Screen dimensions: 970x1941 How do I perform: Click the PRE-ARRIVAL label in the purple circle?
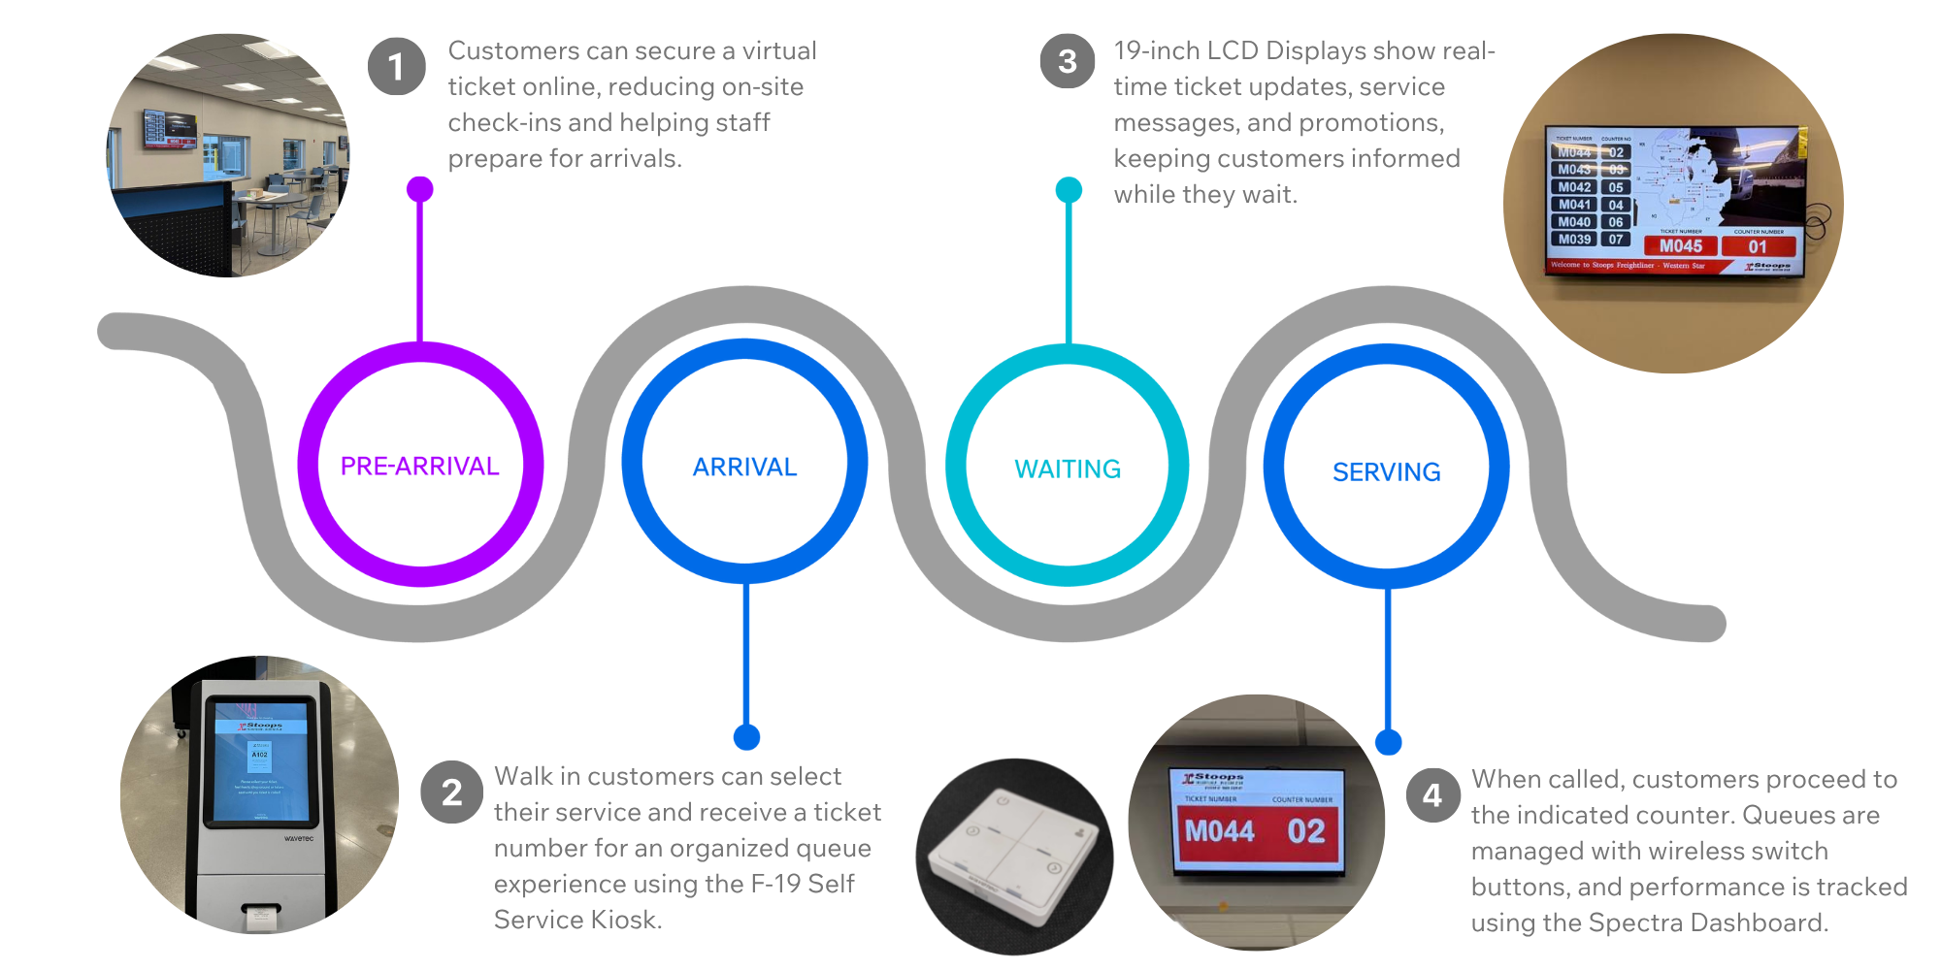(x=419, y=467)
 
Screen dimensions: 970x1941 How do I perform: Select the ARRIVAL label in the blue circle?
(x=744, y=468)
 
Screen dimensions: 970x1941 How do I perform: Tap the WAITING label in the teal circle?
(x=1068, y=469)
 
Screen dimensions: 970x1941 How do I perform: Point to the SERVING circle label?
(x=1386, y=472)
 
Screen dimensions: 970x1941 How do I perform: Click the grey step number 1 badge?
(x=396, y=67)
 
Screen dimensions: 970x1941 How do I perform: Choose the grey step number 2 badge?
(x=451, y=793)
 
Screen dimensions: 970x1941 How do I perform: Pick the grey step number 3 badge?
(x=1068, y=61)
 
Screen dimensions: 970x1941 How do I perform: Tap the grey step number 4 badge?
(x=1432, y=795)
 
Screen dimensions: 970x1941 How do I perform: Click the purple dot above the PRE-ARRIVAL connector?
(x=419, y=189)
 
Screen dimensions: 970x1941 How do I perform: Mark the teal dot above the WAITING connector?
(x=1069, y=190)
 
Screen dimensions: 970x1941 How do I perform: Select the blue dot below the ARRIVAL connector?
(x=746, y=737)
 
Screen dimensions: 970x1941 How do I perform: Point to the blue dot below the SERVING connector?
(x=1389, y=742)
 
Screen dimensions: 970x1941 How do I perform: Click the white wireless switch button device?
(x=1015, y=854)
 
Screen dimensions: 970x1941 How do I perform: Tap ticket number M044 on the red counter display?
(x=1220, y=831)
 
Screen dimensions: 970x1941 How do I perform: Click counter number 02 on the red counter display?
(x=1306, y=831)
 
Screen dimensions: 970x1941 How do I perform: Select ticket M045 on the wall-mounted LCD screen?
(x=1681, y=246)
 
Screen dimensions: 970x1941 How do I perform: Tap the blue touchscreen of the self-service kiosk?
(x=260, y=761)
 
